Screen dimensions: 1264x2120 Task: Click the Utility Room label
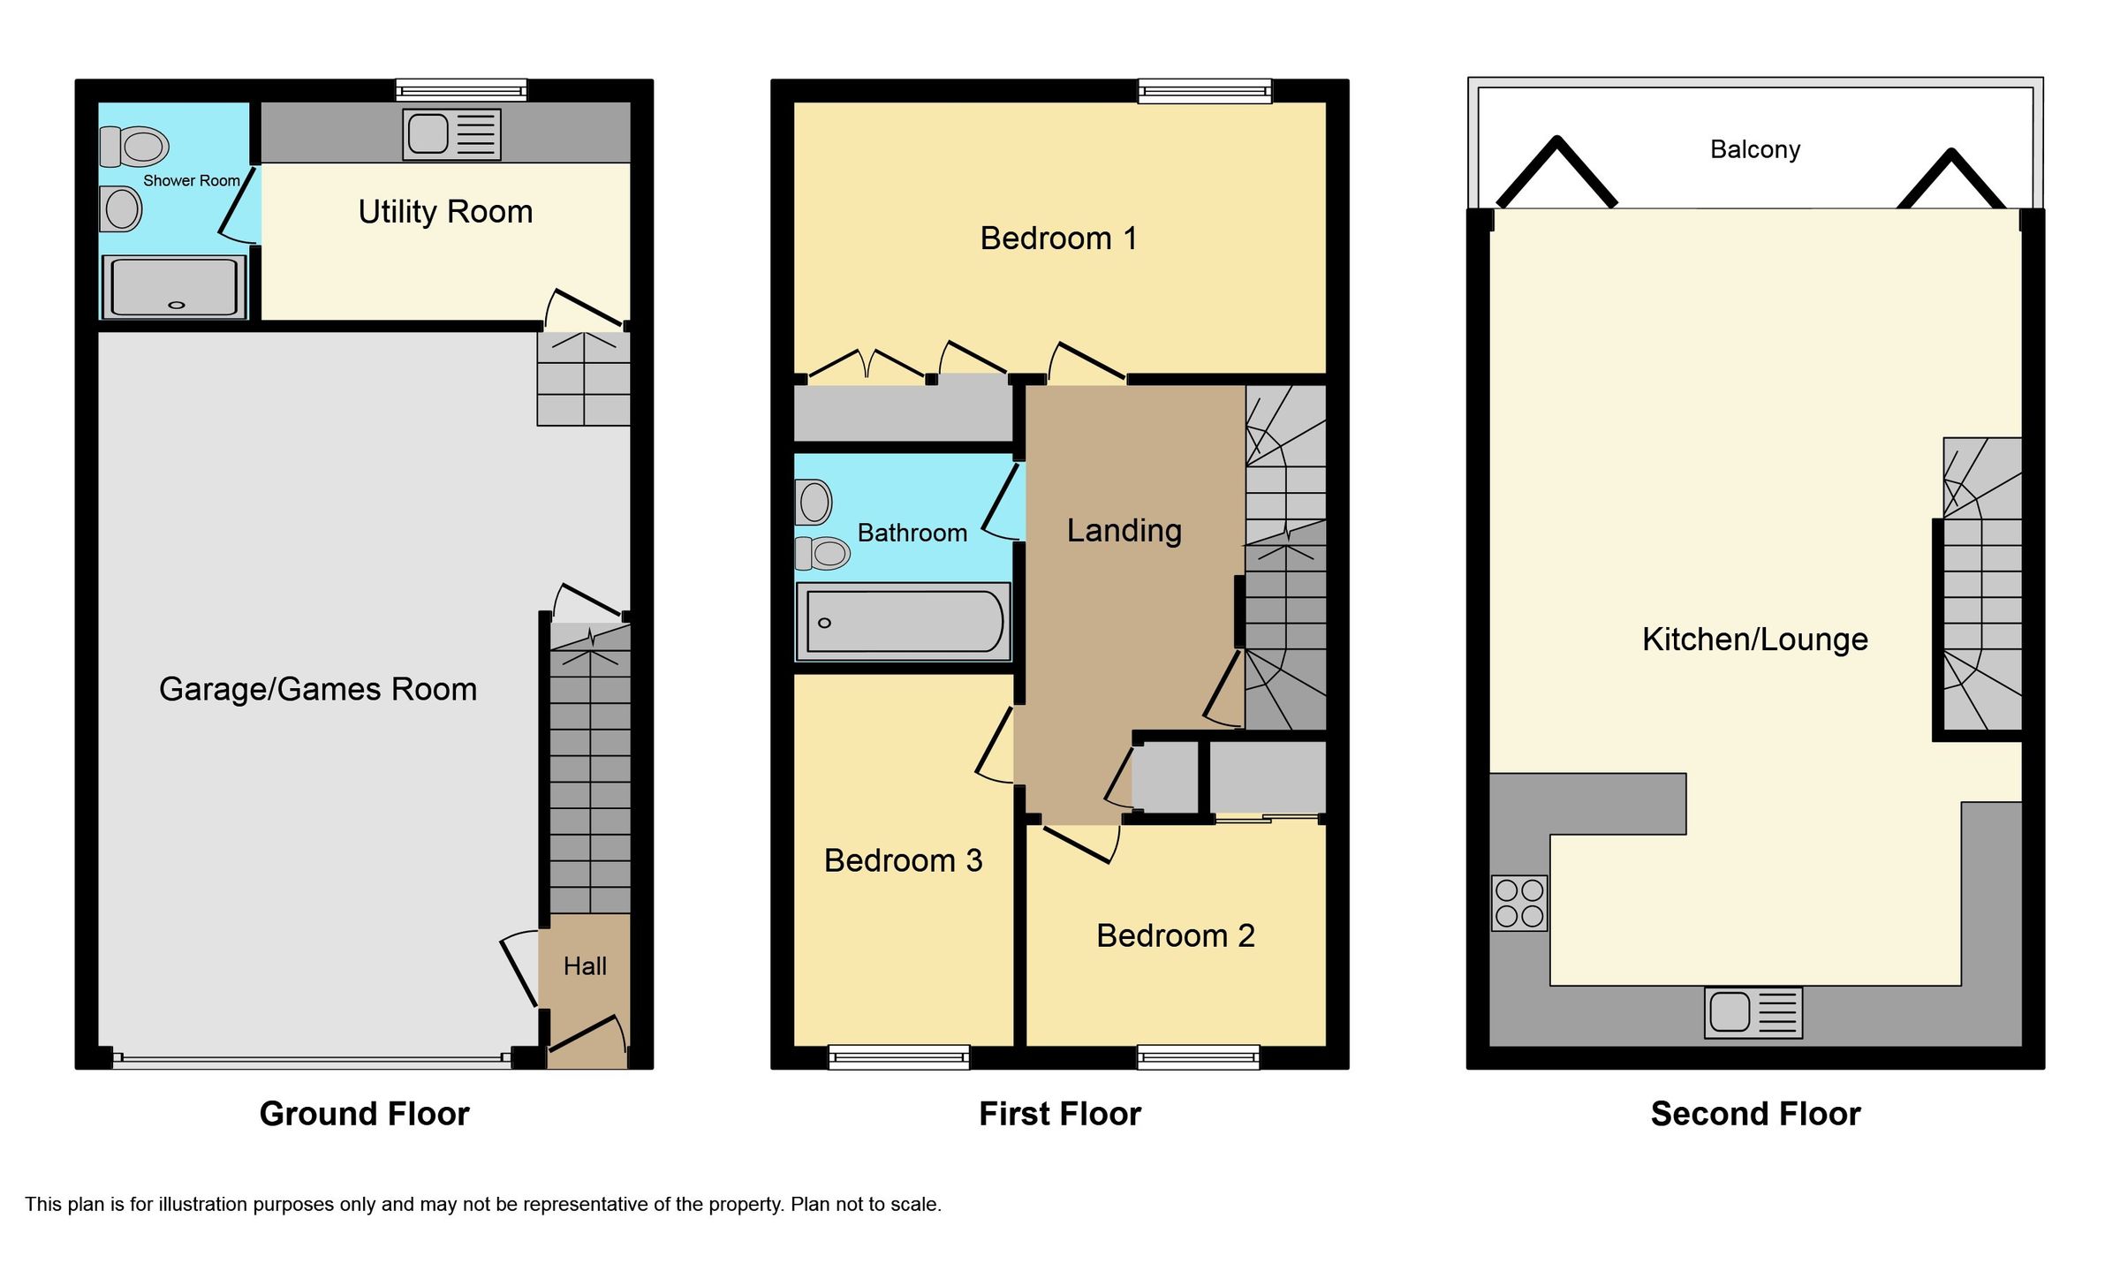pyautogui.click(x=445, y=212)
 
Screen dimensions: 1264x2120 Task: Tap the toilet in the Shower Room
pyautogui.click(x=134, y=147)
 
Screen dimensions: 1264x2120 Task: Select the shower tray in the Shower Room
pyautogui.click(x=174, y=287)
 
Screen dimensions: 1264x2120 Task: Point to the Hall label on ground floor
pyautogui.click(x=585, y=966)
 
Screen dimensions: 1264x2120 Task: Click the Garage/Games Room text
pyautogui.click(x=318, y=689)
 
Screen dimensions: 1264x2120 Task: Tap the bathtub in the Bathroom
pyautogui.click(x=903, y=621)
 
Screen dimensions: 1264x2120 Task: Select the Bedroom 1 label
pyautogui.click(x=1058, y=238)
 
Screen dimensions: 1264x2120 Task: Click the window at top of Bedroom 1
pyautogui.click(x=1204, y=90)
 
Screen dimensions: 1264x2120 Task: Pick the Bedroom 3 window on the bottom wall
pyautogui.click(x=898, y=1056)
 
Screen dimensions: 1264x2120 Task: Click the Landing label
pyautogui.click(x=1124, y=531)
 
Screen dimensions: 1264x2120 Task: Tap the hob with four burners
pyautogui.click(x=1519, y=903)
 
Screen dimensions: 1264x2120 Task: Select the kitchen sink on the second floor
pyautogui.click(x=1753, y=1012)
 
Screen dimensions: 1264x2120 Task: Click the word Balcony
pyautogui.click(x=1754, y=149)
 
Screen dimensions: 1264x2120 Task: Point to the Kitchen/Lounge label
pyautogui.click(x=1754, y=640)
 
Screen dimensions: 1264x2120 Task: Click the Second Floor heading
pyautogui.click(x=1755, y=1114)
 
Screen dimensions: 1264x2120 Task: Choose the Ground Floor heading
pyautogui.click(x=364, y=1114)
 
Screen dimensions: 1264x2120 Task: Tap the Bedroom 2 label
pyautogui.click(x=1175, y=936)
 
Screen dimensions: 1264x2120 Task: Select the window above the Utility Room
pyautogui.click(x=460, y=89)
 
